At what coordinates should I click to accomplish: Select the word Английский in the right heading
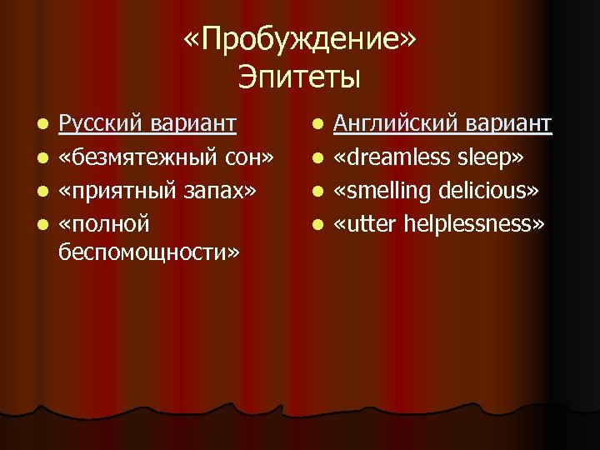pos(395,125)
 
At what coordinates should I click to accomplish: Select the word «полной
pos(103,223)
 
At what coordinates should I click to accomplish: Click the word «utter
pos(366,223)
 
